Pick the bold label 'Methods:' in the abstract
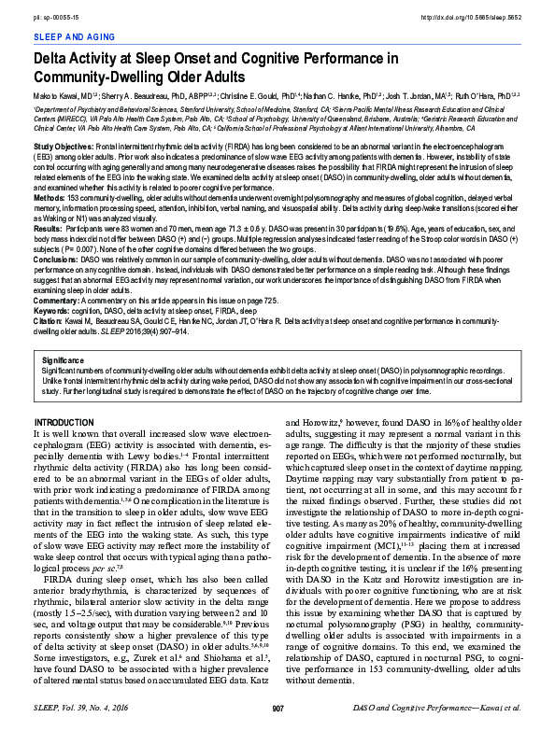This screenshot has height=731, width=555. click(50, 199)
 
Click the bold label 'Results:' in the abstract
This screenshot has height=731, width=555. click(49, 228)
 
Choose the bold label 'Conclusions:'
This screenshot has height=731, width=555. click(55, 257)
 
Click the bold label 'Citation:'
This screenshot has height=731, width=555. click(50, 318)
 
